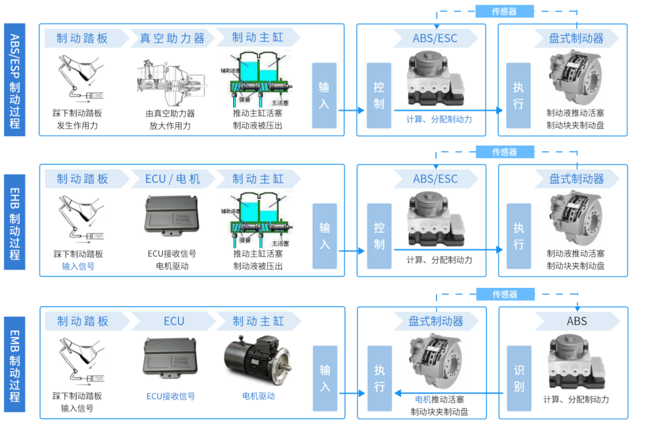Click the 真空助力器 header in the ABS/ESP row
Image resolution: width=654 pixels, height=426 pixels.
[173, 38]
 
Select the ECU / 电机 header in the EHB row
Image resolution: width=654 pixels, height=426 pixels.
[173, 179]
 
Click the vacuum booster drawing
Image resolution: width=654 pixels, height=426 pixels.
[173, 79]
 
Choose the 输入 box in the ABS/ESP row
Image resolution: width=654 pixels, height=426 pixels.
[324, 95]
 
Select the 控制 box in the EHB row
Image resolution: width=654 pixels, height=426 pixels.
[379, 236]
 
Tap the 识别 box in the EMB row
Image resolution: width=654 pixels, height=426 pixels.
[519, 378]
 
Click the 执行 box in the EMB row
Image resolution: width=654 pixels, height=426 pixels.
[379, 378]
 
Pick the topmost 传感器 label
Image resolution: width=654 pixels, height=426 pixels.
[504, 11]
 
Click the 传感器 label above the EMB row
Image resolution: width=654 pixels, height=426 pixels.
[504, 295]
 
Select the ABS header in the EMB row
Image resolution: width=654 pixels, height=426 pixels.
[576, 321]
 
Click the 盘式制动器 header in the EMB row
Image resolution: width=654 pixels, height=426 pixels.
[435, 321]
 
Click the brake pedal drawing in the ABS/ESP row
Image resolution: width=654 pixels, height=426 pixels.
[78, 78]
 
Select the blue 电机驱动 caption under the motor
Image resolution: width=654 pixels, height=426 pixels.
[259, 396]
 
